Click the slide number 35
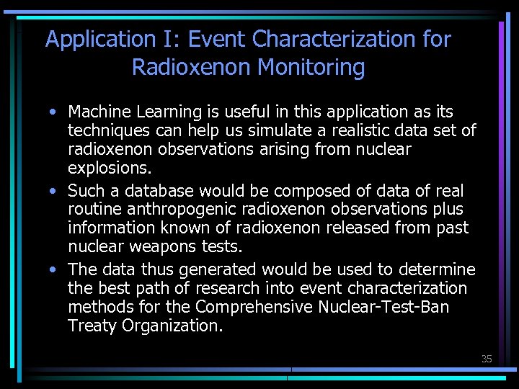pos(487,359)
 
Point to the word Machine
pos(97,112)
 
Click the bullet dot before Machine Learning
pos(55,112)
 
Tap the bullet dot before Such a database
pos(55,192)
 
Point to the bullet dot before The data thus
pos(55,270)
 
